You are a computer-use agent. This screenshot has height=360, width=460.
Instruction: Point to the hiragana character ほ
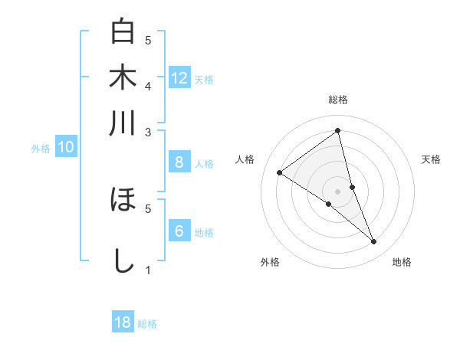tap(123, 201)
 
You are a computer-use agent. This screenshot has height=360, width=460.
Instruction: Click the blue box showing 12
tap(179, 78)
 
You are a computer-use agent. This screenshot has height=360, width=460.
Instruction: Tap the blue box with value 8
tap(179, 162)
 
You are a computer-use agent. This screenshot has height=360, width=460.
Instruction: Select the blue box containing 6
tap(179, 231)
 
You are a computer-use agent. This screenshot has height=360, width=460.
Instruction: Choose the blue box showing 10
tap(66, 148)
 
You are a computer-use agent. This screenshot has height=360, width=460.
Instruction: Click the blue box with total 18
tap(123, 323)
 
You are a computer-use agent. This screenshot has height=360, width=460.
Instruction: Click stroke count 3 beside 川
tap(148, 133)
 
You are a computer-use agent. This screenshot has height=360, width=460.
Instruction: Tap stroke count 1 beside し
tap(148, 270)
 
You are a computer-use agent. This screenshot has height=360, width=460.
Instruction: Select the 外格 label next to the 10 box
tap(41, 149)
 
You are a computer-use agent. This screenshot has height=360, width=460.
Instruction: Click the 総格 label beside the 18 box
tap(147, 324)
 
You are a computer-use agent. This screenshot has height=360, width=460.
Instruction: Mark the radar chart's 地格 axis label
tap(402, 262)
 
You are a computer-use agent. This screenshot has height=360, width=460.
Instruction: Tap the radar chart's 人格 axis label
tap(245, 159)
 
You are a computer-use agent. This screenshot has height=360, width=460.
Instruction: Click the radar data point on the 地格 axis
tap(373, 242)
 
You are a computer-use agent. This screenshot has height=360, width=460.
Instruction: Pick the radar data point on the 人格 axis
tap(280, 172)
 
